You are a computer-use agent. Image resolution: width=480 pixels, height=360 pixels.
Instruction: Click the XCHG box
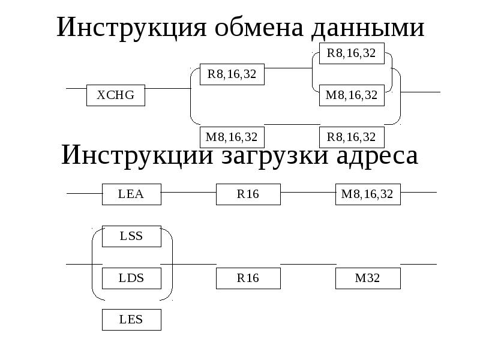116,95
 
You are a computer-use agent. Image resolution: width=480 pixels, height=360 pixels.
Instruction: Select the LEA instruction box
131,194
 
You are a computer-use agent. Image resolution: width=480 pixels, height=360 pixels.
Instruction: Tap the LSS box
131,236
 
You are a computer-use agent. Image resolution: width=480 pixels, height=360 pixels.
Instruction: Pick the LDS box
131,278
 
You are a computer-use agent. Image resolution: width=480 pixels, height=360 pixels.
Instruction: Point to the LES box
131,319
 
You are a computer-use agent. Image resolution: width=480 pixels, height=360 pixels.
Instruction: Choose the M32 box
368,278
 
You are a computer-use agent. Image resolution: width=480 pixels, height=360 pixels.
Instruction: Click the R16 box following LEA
248,194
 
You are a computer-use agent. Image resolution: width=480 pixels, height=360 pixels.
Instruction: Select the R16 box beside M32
248,278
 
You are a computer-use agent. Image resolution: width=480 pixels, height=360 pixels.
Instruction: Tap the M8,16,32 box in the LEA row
367,194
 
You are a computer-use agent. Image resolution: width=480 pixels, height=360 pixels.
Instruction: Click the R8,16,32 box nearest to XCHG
232,74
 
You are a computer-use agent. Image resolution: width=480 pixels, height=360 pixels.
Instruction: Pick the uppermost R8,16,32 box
351,53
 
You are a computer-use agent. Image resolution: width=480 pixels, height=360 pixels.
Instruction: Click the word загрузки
262,156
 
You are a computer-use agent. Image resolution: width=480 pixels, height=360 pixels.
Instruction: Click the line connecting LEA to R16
188,193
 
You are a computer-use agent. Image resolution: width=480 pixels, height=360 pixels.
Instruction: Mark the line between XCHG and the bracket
167,89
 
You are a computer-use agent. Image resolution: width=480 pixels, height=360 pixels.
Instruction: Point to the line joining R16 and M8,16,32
307,193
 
